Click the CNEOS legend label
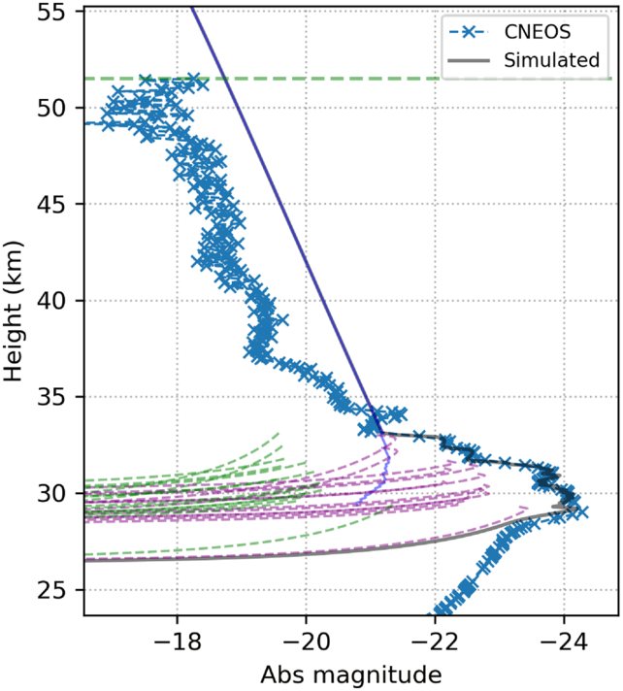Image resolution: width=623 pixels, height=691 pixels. pyautogui.click(x=537, y=32)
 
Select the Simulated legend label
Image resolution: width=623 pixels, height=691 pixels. pyautogui.click(x=551, y=60)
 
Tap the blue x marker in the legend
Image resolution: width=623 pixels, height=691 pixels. pyautogui.click(x=469, y=32)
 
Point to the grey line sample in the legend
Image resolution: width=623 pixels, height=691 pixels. pyautogui.click(x=469, y=60)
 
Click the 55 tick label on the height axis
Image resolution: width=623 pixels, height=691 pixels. pyautogui.click(x=51, y=12)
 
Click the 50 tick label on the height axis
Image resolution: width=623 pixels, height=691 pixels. pyautogui.click(x=51, y=108)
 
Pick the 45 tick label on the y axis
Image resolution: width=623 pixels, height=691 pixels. pyautogui.click(x=51, y=204)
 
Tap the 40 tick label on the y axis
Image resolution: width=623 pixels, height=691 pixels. pyautogui.click(x=51, y=301)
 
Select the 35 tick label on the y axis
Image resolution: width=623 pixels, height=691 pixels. pyautogui.click(x=51, y=397)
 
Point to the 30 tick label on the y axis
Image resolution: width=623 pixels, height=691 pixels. pyautogui.click(x=51, y=493)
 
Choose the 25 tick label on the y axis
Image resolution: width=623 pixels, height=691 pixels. pyautogui.click(x=51, y=590)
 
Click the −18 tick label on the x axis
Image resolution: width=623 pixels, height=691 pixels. pyautogui.click(x=178, y=642)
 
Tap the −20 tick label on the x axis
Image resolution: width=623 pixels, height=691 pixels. pyautogui.click(x=306, y=642)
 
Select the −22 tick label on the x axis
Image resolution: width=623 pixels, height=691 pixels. pyautogui.click(x=435, y=642)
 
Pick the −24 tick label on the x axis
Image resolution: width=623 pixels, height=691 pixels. pyautogui.click(x=564, y=642)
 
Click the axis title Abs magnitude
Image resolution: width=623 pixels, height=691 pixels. pyautogui.click(x=350, y=675)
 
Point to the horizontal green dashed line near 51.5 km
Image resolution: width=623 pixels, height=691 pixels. pyautogui.click(x=348, y=79)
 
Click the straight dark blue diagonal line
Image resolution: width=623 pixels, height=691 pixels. pyautogui.click(x=286, y=220)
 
